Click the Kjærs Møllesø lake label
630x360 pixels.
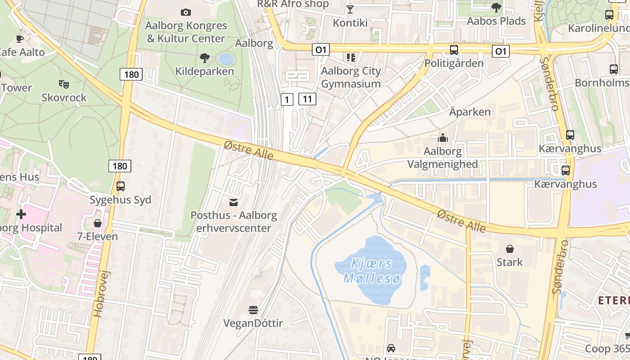(x=372, y=271)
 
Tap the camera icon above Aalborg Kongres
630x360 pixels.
(x=185, y=12)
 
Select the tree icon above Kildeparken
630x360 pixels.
(x=204, y=58)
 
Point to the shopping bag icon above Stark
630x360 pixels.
(x=510, y=248)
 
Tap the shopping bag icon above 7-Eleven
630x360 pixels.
(x=97, y=223)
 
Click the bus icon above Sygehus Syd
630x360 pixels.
(x=121, y=186)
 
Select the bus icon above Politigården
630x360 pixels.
(x=454, y=50)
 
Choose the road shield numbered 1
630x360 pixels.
(x=287, y=99)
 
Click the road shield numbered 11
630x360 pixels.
(x=307, y=99)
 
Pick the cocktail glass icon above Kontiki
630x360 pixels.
(x=350, y=9)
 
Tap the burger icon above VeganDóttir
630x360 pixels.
(x=253, y=310)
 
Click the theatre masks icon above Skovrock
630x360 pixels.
(x=63, y=84)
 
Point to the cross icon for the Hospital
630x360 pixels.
(x=21, y=214)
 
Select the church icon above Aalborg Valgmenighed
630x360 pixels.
(x=443, y=138)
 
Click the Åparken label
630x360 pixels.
(x=470, y=112)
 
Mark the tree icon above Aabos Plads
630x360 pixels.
(x=496, y=7)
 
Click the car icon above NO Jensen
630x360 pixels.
(x=391, y=348)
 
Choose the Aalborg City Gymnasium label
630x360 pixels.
(x=351, y=77)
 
